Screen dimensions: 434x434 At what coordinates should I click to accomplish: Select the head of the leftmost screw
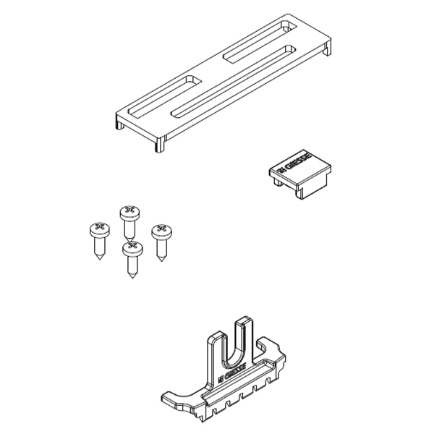click(x=98, y=230)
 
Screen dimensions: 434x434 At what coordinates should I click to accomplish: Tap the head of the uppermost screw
click(x=129, y=212)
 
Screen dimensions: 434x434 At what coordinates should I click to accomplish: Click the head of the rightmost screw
click(x=161, y=231)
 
